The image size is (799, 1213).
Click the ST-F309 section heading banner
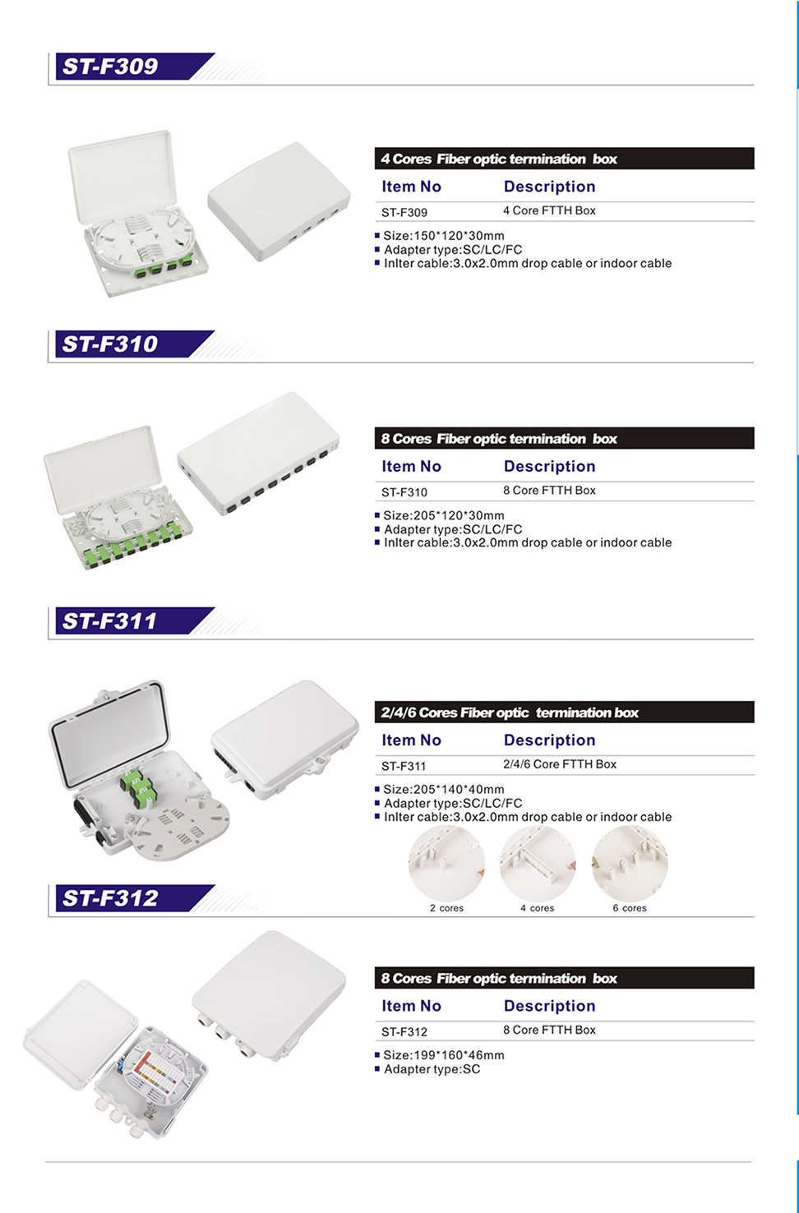[x=134, y=66]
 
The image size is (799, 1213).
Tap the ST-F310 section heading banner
[x=134, y=344]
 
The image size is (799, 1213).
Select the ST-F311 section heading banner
[x=134, y=620]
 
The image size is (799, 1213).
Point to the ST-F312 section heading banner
[x=134, y=898]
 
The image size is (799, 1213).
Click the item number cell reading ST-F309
[x=404, y=212]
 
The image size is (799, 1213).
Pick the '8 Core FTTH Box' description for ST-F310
[x=549, y=490]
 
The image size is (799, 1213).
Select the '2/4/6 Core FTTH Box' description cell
[x=560, y=764]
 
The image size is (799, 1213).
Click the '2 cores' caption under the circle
[x=447, y=908]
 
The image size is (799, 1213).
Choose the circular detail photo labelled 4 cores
[x=538, y=863]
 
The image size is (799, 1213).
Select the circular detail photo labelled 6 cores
[x=630, y=863]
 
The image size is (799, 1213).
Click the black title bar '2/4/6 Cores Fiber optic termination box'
[x=565, y=712]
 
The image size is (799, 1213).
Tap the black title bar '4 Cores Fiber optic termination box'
[x=565, y=159]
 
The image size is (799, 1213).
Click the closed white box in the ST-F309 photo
[x=279, y=201]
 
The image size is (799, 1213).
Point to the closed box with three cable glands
[x=269, y=996]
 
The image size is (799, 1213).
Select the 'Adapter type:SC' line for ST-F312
[x=432, y=1069]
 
